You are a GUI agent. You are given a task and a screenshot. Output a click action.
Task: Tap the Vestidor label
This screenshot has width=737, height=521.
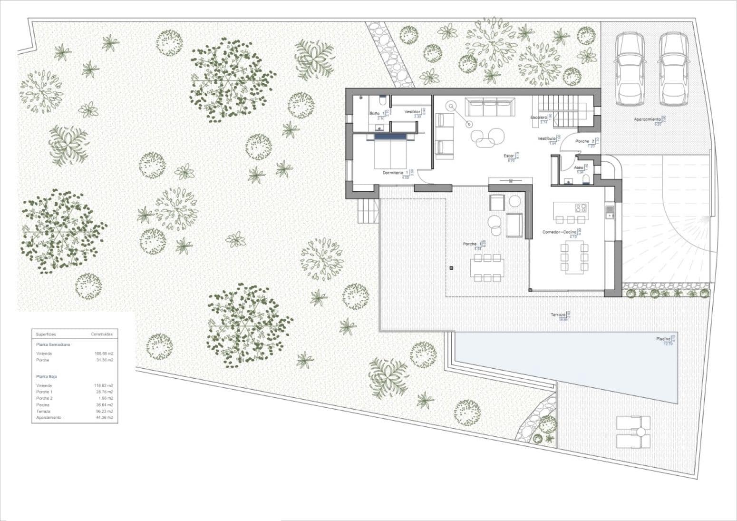(x=412, y=112)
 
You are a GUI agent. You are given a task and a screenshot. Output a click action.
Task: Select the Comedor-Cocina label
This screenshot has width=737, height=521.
(x=559, y=232)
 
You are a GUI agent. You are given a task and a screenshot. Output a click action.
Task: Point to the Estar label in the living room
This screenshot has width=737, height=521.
(x=509, y=156)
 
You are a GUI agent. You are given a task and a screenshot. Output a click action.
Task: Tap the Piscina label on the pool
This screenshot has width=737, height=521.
(x=663, y=339)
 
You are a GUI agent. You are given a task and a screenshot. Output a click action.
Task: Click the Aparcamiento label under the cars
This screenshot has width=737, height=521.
(x=647, y=119)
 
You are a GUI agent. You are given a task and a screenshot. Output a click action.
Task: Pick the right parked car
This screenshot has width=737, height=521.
(x=673, y=69)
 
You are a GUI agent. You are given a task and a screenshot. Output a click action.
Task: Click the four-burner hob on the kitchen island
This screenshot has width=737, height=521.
(x=581, y=208)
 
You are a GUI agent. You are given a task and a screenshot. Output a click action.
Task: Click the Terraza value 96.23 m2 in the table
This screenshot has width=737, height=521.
(x=104, y=411)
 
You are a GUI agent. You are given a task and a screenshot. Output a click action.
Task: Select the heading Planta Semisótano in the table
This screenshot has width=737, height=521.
(x=53, y=344)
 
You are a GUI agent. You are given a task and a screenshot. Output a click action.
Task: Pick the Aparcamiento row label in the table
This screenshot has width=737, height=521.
(x=48, y=418)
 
